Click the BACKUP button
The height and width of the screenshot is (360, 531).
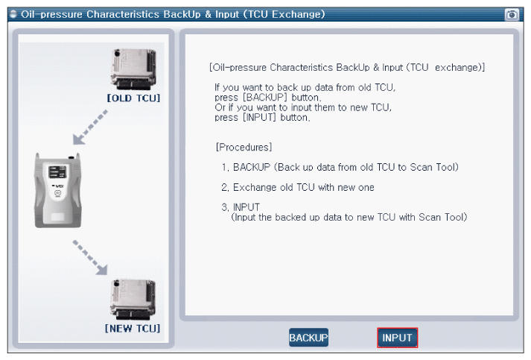(x=308, y=338)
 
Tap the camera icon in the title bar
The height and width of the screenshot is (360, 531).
(x=512, y=15)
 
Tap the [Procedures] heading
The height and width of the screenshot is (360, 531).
(x=244, y=146)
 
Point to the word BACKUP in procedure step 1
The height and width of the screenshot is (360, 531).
(x=252, y=167)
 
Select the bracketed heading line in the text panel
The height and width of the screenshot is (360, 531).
(x=347, y=68)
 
